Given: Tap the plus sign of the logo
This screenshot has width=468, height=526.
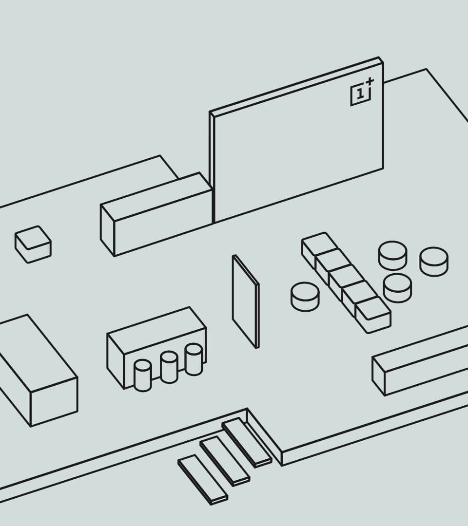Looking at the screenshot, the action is [370, 81].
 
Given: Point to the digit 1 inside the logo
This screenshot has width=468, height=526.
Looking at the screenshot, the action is [360, 94].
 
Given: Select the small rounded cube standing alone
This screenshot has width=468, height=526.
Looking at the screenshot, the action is [33, 244].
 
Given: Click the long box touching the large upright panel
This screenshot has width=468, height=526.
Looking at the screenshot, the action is [156, 215].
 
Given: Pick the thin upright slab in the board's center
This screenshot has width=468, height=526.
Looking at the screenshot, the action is [246, 301].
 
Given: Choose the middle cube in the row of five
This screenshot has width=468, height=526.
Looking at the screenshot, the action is [346, 281].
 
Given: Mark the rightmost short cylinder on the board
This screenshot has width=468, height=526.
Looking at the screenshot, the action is [434, 262].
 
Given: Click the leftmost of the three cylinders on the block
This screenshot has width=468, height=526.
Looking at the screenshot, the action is [143, 376].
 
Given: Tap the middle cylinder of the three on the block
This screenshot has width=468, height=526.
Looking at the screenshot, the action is [169, 367].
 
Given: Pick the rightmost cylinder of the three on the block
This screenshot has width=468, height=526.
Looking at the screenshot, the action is [194, 359].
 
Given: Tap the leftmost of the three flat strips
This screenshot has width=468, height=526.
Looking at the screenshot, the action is [203, 480].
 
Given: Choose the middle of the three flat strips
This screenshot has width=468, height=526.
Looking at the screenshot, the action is [225, 461].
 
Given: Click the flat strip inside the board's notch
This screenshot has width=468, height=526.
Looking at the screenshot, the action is [247, 442].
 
